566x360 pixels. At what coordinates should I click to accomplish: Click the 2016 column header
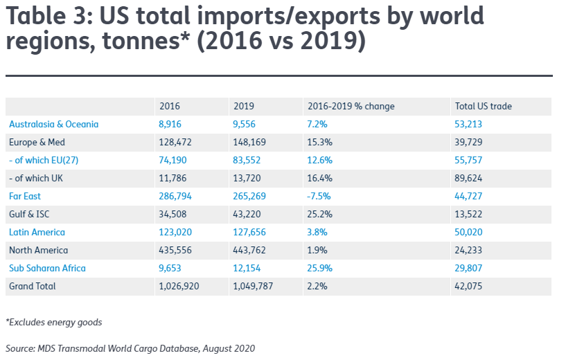[170, 106]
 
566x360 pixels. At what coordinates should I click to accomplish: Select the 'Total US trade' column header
[484, 106]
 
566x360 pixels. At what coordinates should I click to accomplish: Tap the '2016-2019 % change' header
[351, 106]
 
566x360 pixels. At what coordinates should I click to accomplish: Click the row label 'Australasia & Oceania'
[54, 124]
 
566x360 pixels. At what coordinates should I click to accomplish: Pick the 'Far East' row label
[25, 196]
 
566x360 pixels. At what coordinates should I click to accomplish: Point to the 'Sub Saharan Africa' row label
[47, 268]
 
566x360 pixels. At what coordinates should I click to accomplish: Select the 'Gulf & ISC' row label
[29, 214]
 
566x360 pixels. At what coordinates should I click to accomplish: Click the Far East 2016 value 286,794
[175, 196]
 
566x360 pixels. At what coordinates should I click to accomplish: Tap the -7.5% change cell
[319, 196]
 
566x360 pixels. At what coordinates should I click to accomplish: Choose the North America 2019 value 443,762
[249, 250]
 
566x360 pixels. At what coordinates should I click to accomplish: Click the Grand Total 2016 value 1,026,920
[179, 286]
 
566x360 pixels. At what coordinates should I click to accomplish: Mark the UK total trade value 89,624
[468, 178]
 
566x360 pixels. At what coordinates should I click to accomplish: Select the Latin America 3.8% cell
[317, 233]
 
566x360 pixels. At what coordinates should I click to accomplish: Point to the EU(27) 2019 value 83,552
[247, 160]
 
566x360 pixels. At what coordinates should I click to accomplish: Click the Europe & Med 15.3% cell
[319, 142]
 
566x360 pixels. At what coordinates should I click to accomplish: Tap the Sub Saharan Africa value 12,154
[247, 268]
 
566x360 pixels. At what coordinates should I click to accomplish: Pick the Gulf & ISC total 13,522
[468, 214]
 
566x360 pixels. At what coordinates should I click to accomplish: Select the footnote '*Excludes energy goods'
[54, 322]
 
